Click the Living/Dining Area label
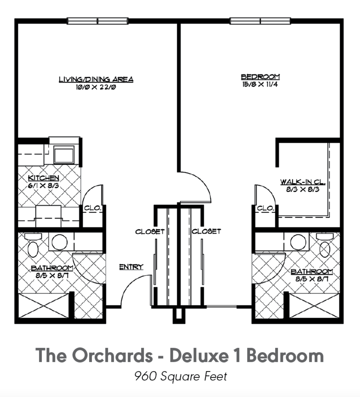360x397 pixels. pyautogui.click(x=96, y=79)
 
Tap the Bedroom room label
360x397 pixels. pyautogui.click(x=260, y=77)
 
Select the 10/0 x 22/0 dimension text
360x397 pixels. pyautogui.click(x=96, y=87)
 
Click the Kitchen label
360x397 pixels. pyautogui.click(x=44, y=178)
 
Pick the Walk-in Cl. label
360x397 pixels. pyautogui.click(x=303, y=182)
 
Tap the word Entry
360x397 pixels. pyautogui.click(x=131, y=267)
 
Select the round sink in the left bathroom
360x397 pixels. pyautogui.click(x=59, y=242)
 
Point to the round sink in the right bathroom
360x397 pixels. pyautogui.click(x=298, y=242)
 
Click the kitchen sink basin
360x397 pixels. pyautogui.click(x=64, y=155)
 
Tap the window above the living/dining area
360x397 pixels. pyautogui.click(x=98, y=21)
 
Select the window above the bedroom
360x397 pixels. pyautogui.click(x=260, y=21)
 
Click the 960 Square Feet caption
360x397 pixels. pyautogui.click(x=181, y=376)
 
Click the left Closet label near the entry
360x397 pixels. pyautogui.click(x=150, y=231)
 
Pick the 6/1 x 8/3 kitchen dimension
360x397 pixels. pyautogui.click(x=44, y=186)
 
